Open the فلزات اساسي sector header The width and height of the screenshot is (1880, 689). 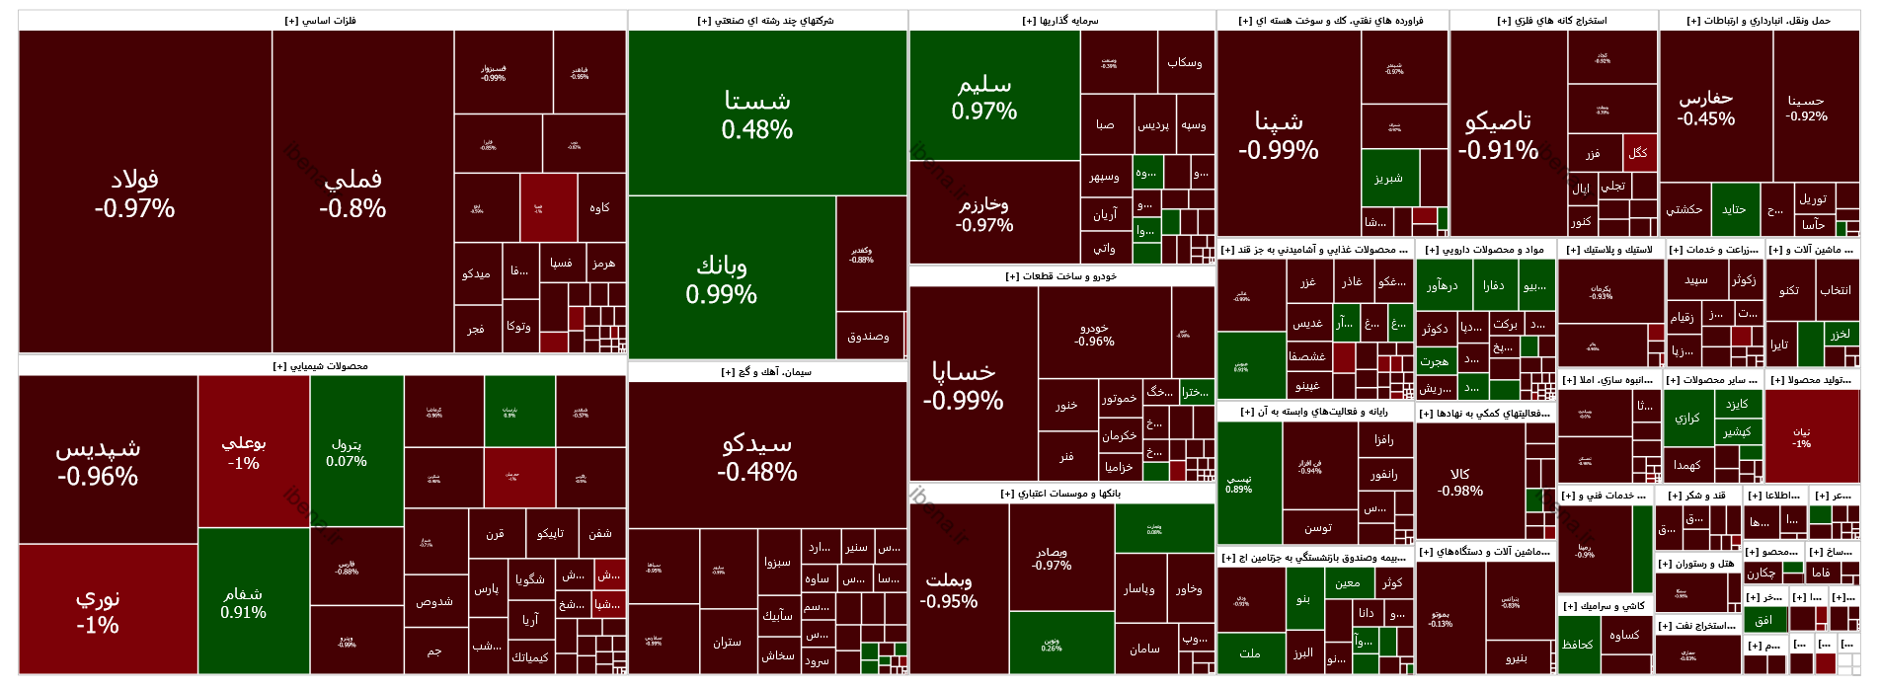[x=322, y=21]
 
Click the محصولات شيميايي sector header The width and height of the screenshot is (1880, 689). [x=322, y=366]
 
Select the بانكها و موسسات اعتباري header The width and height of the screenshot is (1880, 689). [x=1061, y=494]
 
